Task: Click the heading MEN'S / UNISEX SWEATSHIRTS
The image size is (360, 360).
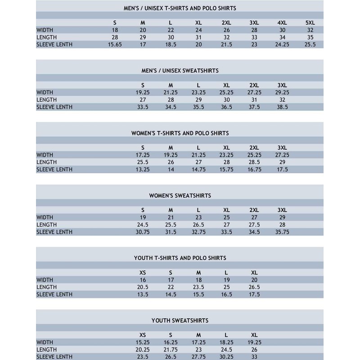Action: [180, 71]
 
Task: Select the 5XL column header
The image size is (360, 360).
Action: [310, 22]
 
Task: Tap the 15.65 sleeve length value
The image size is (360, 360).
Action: [115, 45]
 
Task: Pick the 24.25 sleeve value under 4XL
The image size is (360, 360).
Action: [282, 45]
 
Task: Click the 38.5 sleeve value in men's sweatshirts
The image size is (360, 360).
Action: [282, 107]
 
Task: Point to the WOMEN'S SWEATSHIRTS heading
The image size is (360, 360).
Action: [180, 196]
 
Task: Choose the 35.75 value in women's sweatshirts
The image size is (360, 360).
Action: [282, 232]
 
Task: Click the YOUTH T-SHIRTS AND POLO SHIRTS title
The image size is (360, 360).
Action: [180, 258]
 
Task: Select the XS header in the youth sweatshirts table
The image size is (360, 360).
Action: [143, 335]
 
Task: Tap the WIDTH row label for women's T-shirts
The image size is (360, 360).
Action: [45, 155]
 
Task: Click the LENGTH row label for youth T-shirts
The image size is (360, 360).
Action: [46, 287]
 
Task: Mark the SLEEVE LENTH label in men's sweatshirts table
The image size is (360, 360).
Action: [54, 107]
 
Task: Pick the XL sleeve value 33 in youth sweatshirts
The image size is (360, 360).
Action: [254, 357]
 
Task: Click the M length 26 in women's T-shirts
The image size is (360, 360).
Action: [171, 162]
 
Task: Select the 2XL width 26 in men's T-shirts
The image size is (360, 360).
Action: [226, 30]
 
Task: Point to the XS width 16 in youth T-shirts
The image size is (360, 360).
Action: [143, 280]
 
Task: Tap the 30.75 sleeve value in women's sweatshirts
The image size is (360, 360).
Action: [143, 232]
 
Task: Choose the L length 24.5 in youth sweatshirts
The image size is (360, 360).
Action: [226, 350]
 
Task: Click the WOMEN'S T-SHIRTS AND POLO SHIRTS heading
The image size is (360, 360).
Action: [180, 133]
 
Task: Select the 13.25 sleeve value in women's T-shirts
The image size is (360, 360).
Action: [143, 170]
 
